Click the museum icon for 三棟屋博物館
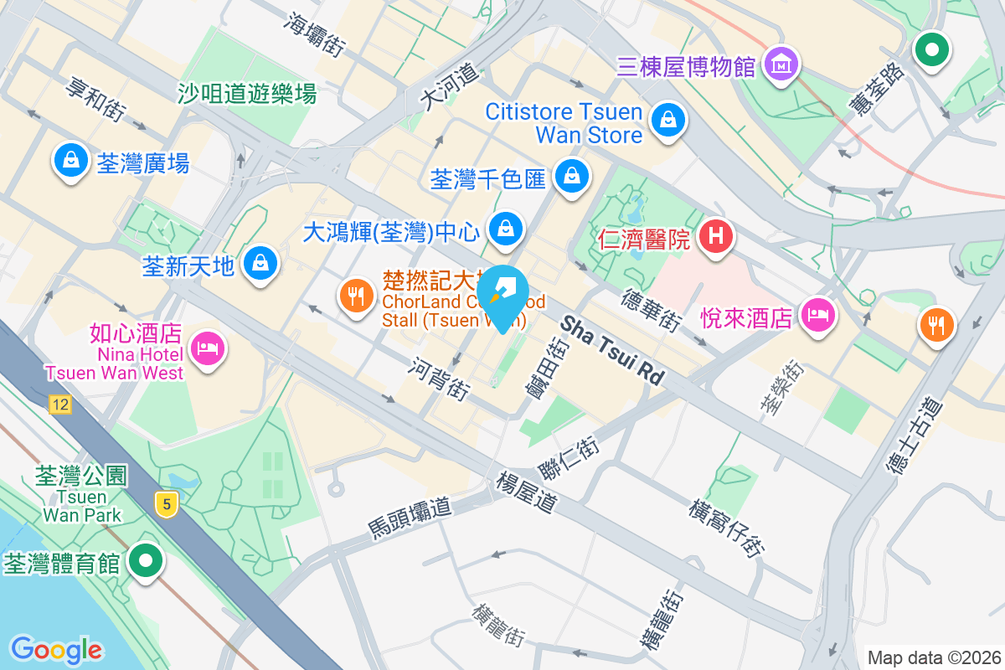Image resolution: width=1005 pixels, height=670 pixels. pyautogui.click(x=781, y=63)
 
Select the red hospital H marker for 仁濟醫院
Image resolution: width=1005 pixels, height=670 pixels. pyautogui.click(x=715, y=235)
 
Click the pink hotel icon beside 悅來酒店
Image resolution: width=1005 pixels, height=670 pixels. pyautogui.click(x=817, y=315)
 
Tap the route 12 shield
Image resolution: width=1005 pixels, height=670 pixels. pyautogui.click(x=59, y=405)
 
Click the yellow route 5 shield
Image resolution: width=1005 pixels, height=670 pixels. pyautogui.click(x=167, y=504)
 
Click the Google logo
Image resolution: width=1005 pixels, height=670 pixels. pyautogui.click(x=56, y=649)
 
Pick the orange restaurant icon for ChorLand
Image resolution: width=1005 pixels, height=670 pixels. pyautogui.click(x=357, y=294)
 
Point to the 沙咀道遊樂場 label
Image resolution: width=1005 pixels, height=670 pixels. pyautogui.click(x=247, y=94)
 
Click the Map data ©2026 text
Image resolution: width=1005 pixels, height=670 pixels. pyautogui.click(x=934, y=657)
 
